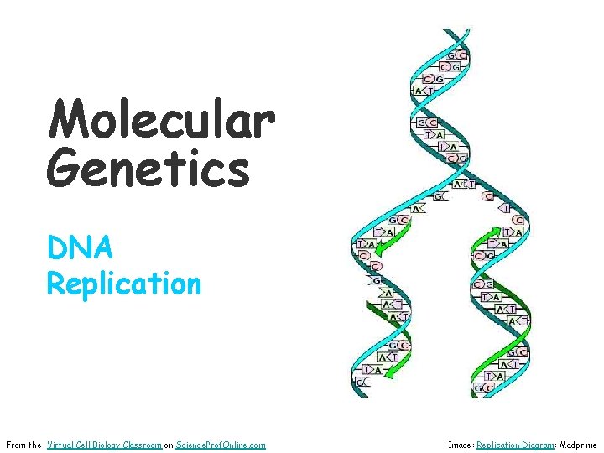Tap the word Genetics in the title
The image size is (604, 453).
click(148, 167)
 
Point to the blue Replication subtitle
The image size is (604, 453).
click(124, 284)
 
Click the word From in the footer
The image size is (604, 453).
click(16, 445)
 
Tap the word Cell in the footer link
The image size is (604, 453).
click(88, 445)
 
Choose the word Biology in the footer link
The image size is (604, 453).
click(113, 445)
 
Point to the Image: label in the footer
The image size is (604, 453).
click(461, 445)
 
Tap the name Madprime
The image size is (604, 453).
click(579, 445)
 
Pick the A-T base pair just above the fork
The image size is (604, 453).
click(463, 184)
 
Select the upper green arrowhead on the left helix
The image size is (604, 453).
click(378, 247)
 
